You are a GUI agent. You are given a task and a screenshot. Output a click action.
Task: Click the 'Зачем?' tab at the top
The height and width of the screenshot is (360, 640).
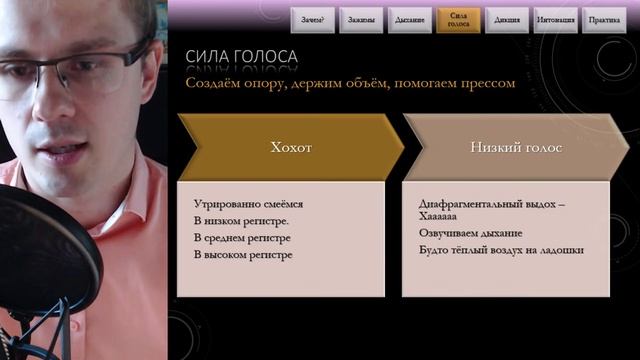313,19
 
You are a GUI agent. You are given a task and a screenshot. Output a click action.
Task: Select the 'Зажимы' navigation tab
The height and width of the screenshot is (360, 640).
361,19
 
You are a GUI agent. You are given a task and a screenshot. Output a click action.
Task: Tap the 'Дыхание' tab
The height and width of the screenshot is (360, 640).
410,19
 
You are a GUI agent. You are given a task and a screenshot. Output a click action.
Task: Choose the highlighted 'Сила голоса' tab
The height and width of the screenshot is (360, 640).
458,19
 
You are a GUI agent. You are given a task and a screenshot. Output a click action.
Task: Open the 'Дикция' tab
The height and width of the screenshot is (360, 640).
506,19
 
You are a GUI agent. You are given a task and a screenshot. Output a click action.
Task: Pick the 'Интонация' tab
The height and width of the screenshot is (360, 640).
555,19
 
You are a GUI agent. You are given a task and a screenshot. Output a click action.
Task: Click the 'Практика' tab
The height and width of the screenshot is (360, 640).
603,19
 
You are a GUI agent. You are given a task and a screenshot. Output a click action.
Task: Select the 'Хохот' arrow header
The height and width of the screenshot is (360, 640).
291,147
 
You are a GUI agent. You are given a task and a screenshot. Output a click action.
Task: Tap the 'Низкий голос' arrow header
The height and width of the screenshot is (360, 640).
515,147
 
